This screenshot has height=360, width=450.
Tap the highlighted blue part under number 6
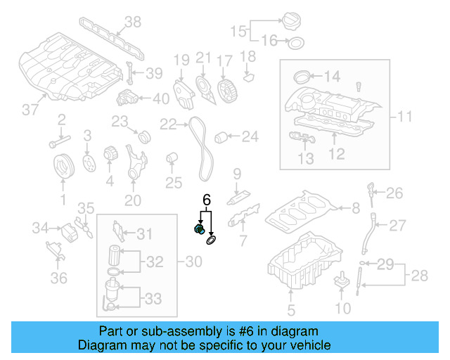pyautogui.click(x=199, y=230)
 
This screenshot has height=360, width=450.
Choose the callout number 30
pyautogui.click(x=193, y=262)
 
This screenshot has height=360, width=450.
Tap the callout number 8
pyautogui.click(x=356, y=207)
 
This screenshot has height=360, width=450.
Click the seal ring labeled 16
pyautogui.click(x=296, y=44)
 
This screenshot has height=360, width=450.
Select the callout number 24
pyautogui.click(x=250, y=136)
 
